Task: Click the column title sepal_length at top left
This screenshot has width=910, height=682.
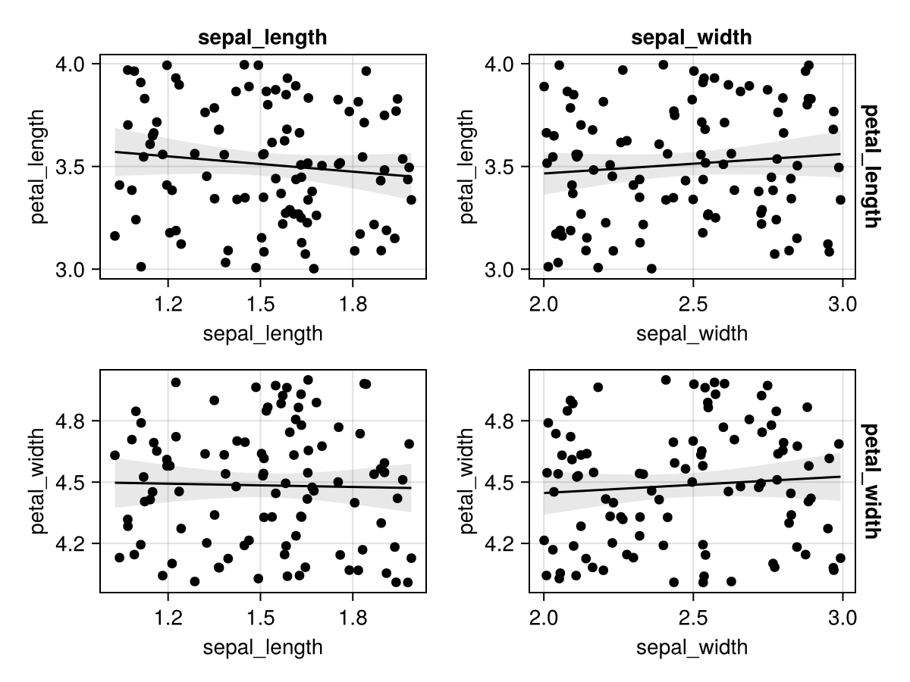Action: click(x=262, y=39)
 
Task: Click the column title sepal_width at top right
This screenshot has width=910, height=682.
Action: click(x=692, y=39)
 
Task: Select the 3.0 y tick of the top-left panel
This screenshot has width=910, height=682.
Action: click(x=74, y=269)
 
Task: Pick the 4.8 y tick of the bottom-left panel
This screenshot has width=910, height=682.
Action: click(x=74, y=421)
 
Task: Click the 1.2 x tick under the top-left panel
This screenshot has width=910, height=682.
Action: click(x=168, y=305)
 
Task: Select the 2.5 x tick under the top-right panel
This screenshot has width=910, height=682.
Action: click(x=692, y=305)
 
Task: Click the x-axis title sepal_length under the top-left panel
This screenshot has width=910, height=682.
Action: click(x=262, y=333)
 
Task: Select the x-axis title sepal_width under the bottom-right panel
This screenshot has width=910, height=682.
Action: click(x=692, y=647)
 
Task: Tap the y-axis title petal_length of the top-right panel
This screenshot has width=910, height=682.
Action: click(x=468, y=167)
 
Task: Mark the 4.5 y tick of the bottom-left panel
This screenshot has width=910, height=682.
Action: click(x=74, y=482)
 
